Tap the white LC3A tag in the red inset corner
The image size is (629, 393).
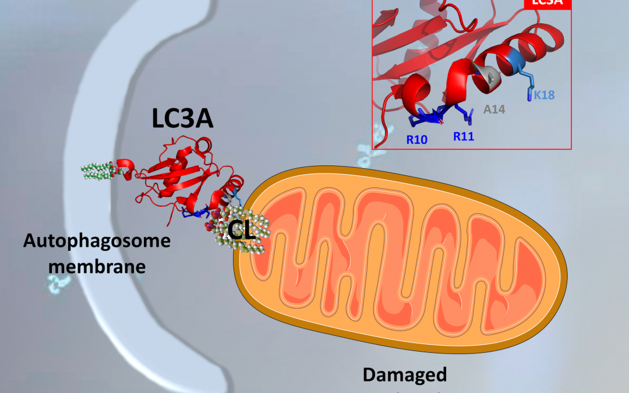(x=548, y=3)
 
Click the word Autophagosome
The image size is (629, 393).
(x=97, y=240)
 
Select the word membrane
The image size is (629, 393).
(x=97, y=266)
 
